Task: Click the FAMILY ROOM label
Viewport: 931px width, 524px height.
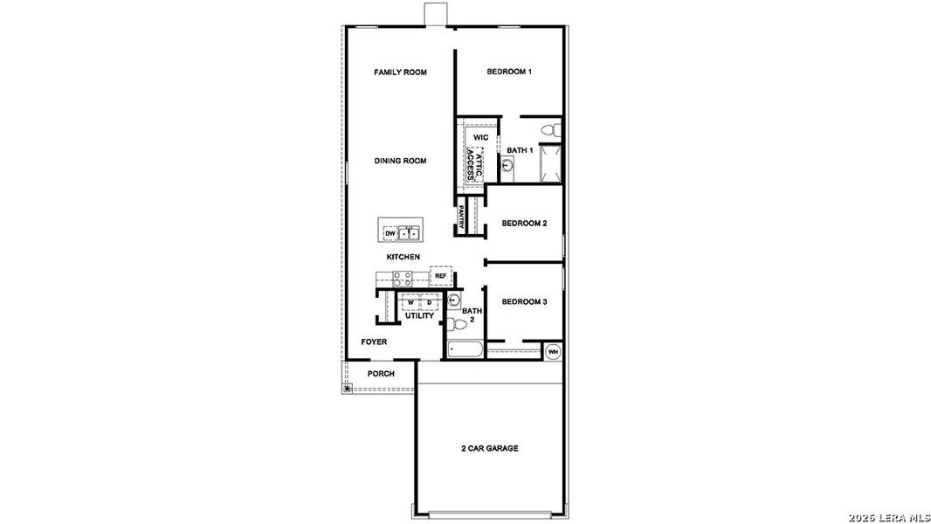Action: click(400, 72)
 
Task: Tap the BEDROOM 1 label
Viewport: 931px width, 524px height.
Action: click(509, 72)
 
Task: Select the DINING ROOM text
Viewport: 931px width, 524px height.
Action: click(400, 161)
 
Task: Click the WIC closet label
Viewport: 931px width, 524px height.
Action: click(480, 138)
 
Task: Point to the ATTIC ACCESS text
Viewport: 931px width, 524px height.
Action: click(473, 163)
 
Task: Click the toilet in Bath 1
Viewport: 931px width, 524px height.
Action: click(548, 130)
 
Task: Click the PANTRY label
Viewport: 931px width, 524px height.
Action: click(461, 217)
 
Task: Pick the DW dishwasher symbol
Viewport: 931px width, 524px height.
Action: click(390, 233)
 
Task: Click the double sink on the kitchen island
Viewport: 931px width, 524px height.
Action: click(409, 233)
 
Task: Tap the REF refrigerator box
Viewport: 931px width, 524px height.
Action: click(440, 276)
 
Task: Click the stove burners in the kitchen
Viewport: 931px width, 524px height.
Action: click(402, 279)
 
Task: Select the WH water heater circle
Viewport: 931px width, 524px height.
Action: click(553, 352)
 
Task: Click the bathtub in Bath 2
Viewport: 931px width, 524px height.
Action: click(464, 351)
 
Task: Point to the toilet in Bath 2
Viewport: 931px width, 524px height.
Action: click(453, 325)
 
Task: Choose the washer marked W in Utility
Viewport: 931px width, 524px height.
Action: click(410, 302)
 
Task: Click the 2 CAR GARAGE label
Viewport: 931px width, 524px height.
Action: click(490, 448)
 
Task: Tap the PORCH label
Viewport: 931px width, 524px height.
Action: click(381, 374)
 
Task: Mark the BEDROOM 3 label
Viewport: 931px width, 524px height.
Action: click(524, 302)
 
